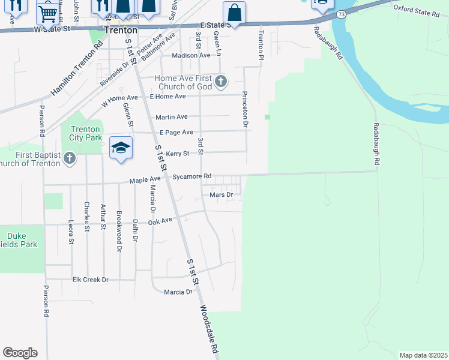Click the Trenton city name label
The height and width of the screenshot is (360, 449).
120,29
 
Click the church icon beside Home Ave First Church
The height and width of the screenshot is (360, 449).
221,81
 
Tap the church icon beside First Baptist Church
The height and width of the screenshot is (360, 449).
70,159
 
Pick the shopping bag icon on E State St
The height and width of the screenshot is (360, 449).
234,12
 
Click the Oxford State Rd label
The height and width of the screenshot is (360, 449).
420,10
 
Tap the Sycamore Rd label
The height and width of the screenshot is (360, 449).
191,176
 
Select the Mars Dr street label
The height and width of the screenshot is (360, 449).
221,195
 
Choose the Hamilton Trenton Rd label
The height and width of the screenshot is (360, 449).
76,68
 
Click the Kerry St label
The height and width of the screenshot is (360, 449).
177,154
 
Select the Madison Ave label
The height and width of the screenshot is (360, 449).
191,55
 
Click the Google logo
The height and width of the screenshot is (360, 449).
20,353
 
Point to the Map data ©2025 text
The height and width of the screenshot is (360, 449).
423,355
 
